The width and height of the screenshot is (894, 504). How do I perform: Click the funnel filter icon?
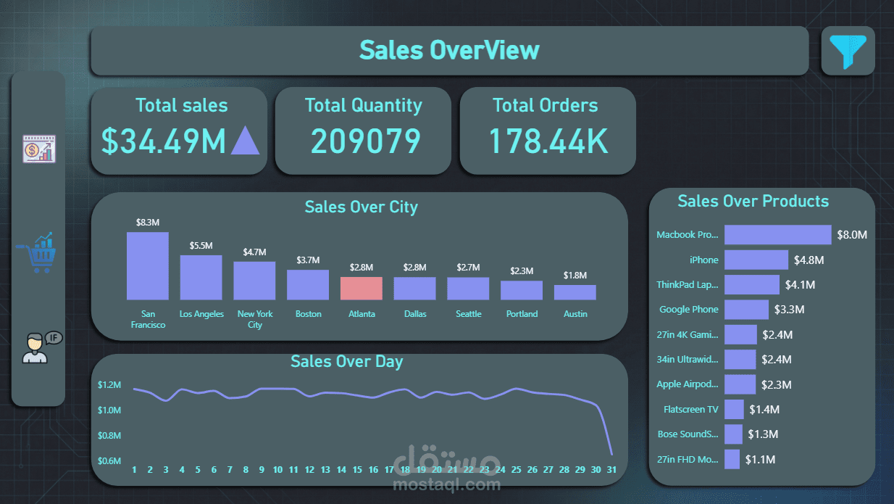coord(848,51)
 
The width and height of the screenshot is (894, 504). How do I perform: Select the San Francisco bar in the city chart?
coord(148,266)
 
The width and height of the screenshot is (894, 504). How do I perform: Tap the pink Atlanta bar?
coord(362,288)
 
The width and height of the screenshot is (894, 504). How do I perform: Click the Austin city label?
coord(575,314)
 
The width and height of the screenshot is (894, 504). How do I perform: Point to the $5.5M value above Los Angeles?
coord(201,246)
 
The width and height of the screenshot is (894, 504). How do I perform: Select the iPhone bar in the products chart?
coord(756,260)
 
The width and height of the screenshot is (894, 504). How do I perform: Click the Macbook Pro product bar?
coord(777,235)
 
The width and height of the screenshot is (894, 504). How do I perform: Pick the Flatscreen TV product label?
coord(691,410)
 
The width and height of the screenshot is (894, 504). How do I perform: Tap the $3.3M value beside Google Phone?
coord(789,310)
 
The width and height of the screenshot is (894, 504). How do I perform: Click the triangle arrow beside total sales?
coord(245,141)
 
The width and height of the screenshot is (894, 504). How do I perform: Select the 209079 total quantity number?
coord(365,141)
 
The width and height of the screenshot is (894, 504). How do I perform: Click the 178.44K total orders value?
coord(548,141)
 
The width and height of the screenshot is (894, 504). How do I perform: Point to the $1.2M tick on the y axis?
coord(109,385)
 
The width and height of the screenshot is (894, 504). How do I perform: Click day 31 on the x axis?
coord(612,470)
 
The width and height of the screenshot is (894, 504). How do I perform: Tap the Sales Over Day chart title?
coord(346,361)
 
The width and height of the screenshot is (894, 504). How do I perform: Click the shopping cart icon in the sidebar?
coord(37,253)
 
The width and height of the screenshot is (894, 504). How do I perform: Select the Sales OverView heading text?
coord(449,50)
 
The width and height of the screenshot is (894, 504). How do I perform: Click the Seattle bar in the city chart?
coord(468,289)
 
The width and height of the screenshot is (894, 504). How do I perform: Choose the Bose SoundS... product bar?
coord(733,434)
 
